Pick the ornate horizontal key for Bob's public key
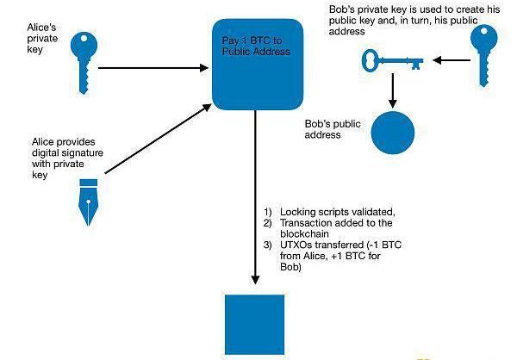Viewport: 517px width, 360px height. [392, 60]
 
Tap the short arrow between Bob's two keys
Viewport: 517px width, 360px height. [450, 60]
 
